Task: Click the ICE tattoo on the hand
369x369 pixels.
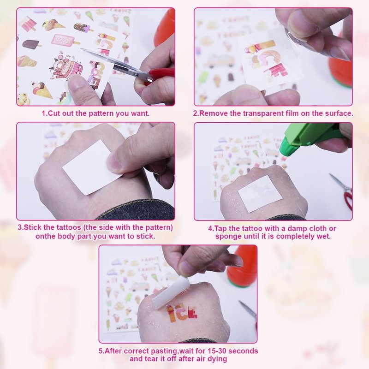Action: (x=181, y=313)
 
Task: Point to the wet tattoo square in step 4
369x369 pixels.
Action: (x=260, y=193)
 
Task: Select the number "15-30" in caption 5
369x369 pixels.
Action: (x=217, y=351)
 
